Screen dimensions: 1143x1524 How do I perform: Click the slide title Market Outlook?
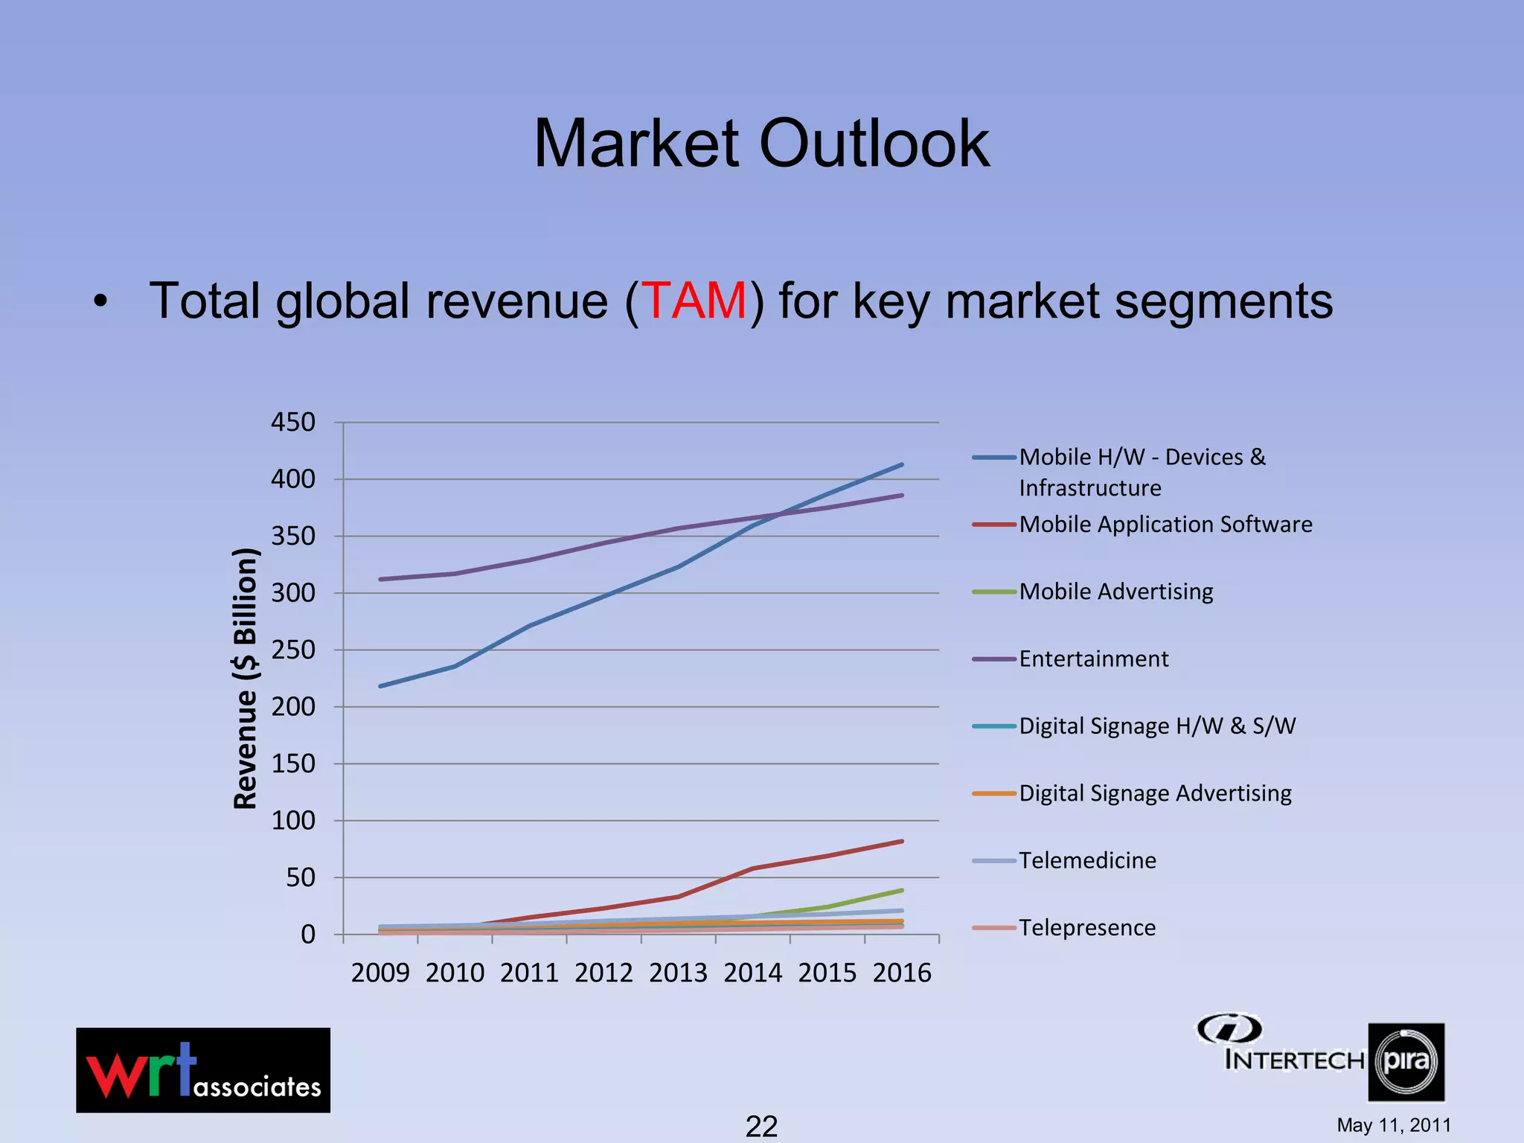tap(761, 143)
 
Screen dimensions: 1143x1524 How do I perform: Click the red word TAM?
tap(694, 301)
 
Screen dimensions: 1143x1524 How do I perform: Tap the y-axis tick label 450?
tap(293, 423)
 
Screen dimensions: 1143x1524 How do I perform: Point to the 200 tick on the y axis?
tap(293, 707)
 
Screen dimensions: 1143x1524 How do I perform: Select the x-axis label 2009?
tap(380, 973)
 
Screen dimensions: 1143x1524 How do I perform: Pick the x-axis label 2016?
tap(902, 973)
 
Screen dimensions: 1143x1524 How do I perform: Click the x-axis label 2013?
tap(678, 973)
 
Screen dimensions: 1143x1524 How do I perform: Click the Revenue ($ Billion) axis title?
tap(246, 679)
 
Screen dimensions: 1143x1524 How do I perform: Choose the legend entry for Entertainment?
tap(1093, 659)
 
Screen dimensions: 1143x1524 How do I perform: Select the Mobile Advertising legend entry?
tap(1115, 592)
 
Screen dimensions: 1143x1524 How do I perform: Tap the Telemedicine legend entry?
tap(1087, 860)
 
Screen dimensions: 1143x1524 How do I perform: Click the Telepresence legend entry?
tap(1087, 928)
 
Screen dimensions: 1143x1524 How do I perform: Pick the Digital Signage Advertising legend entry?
tap(1155, 793)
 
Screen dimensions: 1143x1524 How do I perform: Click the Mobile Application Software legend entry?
tap(1165, 525)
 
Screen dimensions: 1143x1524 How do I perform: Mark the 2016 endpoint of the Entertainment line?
tap(902, 495)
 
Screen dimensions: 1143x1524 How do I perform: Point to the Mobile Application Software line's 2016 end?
tap(902, 842)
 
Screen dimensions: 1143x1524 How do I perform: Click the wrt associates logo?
tap(203, 1070)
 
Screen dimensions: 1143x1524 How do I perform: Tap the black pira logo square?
tap(1406, 1062)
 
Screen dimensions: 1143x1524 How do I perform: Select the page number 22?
tap(761, 1126)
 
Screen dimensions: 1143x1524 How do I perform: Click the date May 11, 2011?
tap(1394, 1125)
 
